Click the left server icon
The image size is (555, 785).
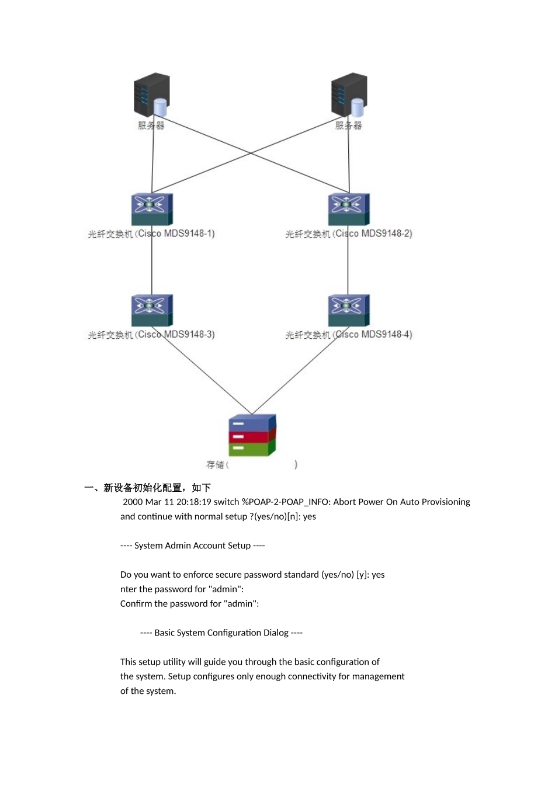[x=152, y=95]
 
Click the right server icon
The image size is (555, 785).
[x=349, y=95]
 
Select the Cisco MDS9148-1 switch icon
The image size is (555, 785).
[x=152, y=209]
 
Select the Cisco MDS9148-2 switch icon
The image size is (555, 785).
[x=349, y=209]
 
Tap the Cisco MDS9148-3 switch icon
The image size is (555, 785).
[x=152, y=310]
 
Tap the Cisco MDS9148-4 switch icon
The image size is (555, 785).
[x=349, y=310]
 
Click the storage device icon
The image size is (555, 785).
[x=252, y=435]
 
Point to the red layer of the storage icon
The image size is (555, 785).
[x=248, y=436]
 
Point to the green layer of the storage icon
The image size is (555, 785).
[x=248, y=449]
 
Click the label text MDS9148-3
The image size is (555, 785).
[x=189, y=335]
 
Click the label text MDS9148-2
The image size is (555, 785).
[x=387, y=234]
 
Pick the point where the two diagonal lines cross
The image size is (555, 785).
[x=251, y=154]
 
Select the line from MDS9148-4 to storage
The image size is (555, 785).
[x=298, y=371]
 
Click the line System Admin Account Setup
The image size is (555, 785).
[x=192, y=546]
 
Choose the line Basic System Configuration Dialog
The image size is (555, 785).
[x=221, y=633]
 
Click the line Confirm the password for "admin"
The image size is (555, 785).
[x=189, y=603]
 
